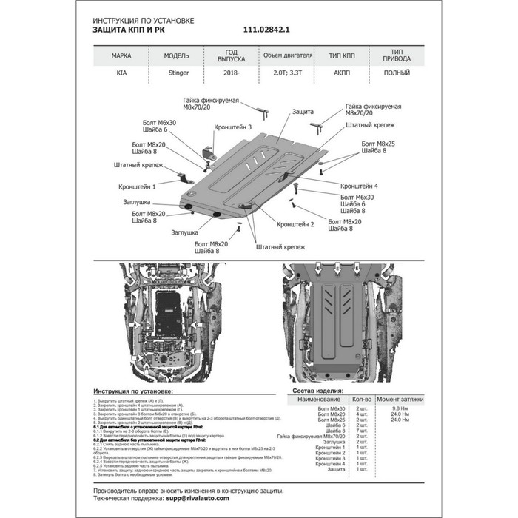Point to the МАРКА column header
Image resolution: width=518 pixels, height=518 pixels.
122,55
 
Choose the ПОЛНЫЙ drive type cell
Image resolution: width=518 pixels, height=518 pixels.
394,75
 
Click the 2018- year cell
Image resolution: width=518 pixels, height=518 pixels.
231,75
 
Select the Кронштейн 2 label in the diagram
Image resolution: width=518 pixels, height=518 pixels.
296,223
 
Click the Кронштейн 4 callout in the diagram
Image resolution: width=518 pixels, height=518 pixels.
360,186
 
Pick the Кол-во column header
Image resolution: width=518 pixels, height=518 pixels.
361,399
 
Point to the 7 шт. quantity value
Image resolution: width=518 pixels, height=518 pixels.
361,430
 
